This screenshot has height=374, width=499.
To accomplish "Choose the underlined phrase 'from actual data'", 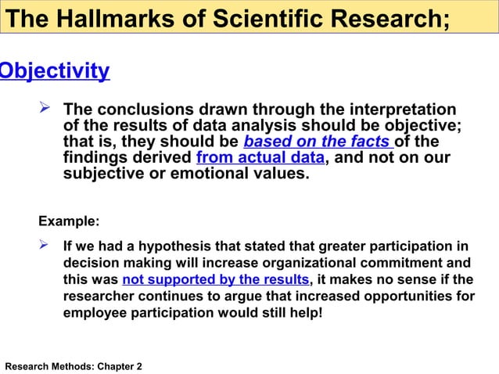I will [260, 157].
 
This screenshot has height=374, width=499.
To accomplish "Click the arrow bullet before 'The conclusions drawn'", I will [45, 109].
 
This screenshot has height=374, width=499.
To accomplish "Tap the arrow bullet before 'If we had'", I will [45, 246].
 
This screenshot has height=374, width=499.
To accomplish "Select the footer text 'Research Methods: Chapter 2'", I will [74, 365].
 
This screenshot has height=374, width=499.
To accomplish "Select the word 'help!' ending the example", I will [304, 314].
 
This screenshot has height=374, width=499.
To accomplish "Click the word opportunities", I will [408, 297].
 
